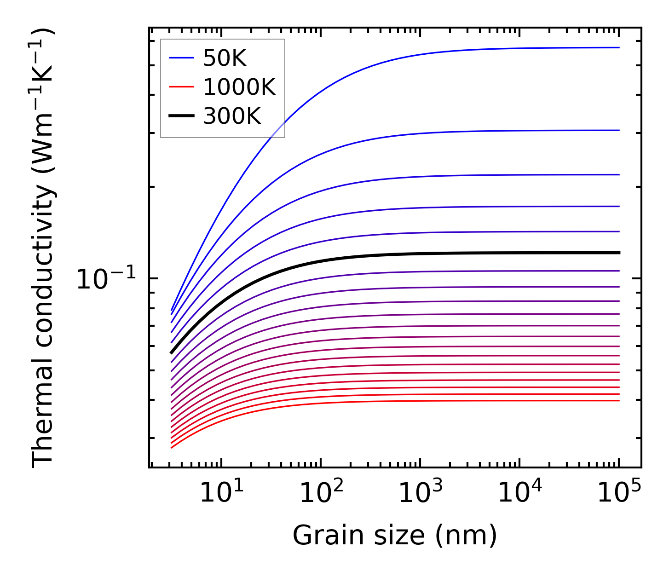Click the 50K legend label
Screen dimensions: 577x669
click(225, 58)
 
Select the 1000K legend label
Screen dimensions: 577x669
click(239, 87)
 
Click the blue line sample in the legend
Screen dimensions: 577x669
click(182, 58)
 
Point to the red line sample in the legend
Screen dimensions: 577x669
click(182, 87)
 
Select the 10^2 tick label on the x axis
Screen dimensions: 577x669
click(321, 494)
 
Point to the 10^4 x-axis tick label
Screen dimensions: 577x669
click(520, 494)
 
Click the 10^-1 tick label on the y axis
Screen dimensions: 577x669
click(106, 279)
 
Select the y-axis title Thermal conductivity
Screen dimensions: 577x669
click(44, 248)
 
